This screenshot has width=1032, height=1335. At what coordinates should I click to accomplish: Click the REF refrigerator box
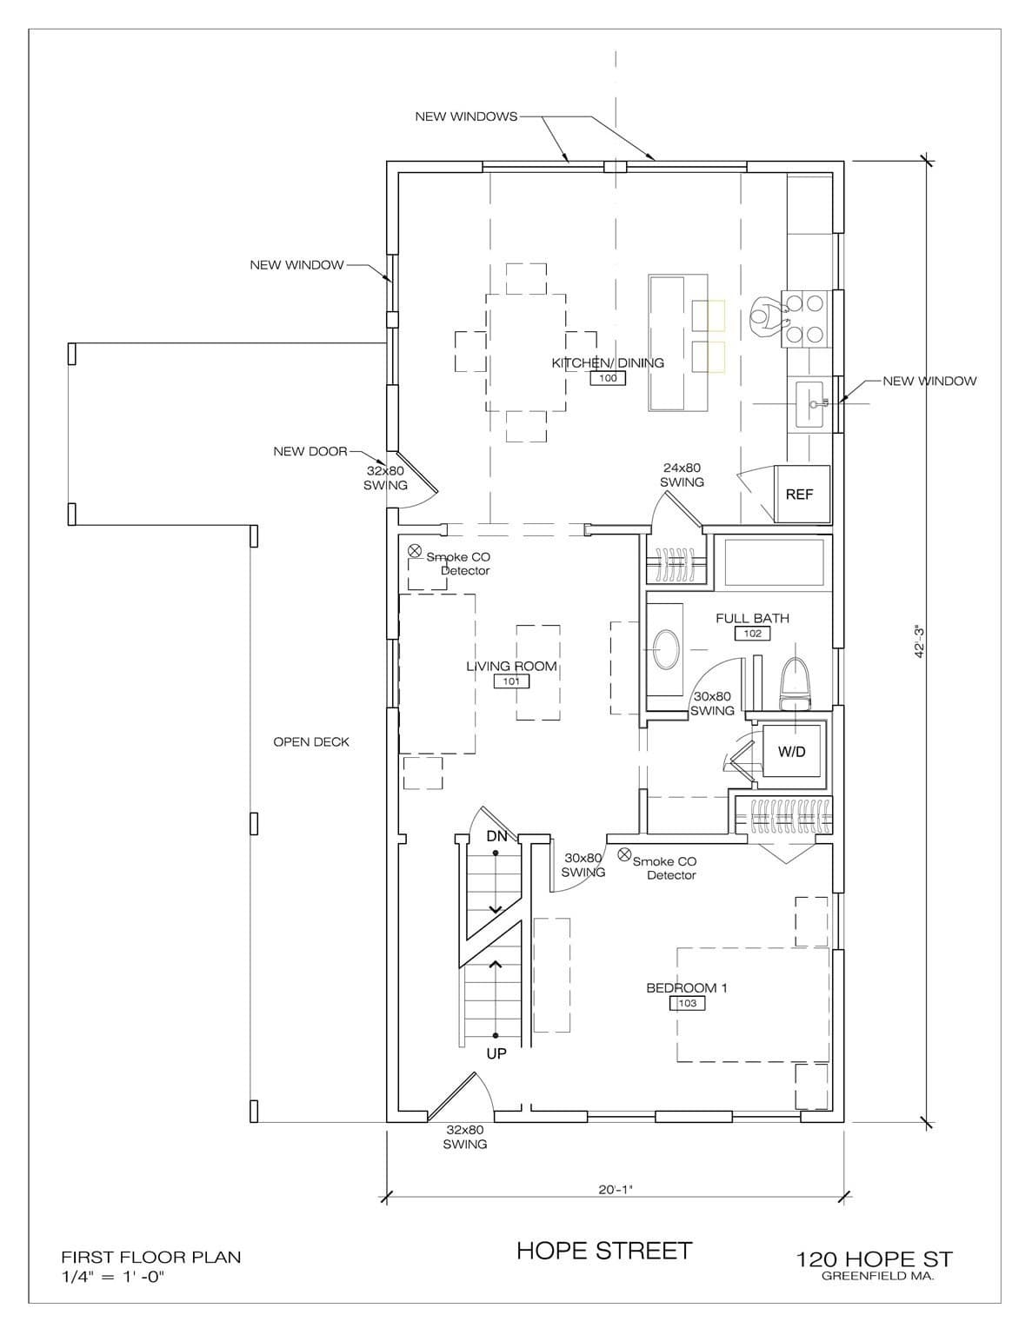click(802, 494)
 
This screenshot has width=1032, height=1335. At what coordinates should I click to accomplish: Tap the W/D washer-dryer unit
click(791, 751)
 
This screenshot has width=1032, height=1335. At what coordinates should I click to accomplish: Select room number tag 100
click(608, 378)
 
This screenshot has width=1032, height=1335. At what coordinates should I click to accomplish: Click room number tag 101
click(511, 681)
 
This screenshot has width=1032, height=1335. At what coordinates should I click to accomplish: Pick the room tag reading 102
click(753, 634)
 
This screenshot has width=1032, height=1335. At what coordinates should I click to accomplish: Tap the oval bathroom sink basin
click(667, 648)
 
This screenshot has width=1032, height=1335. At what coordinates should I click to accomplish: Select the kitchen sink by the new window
click(811, 404)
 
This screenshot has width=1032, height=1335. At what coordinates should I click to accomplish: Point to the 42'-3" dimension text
click(920, 642)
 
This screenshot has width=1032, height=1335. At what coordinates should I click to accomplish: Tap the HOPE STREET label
click(604, 1251)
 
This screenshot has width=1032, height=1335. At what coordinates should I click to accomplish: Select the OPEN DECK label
click(311, 742)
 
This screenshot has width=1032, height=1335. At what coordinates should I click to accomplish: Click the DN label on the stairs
click(497, 836)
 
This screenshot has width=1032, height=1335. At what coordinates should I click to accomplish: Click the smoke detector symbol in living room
click(416, 550)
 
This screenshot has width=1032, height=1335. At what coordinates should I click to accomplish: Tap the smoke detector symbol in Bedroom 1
click(624, 854)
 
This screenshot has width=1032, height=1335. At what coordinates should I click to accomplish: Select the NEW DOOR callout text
click(310, 452)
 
